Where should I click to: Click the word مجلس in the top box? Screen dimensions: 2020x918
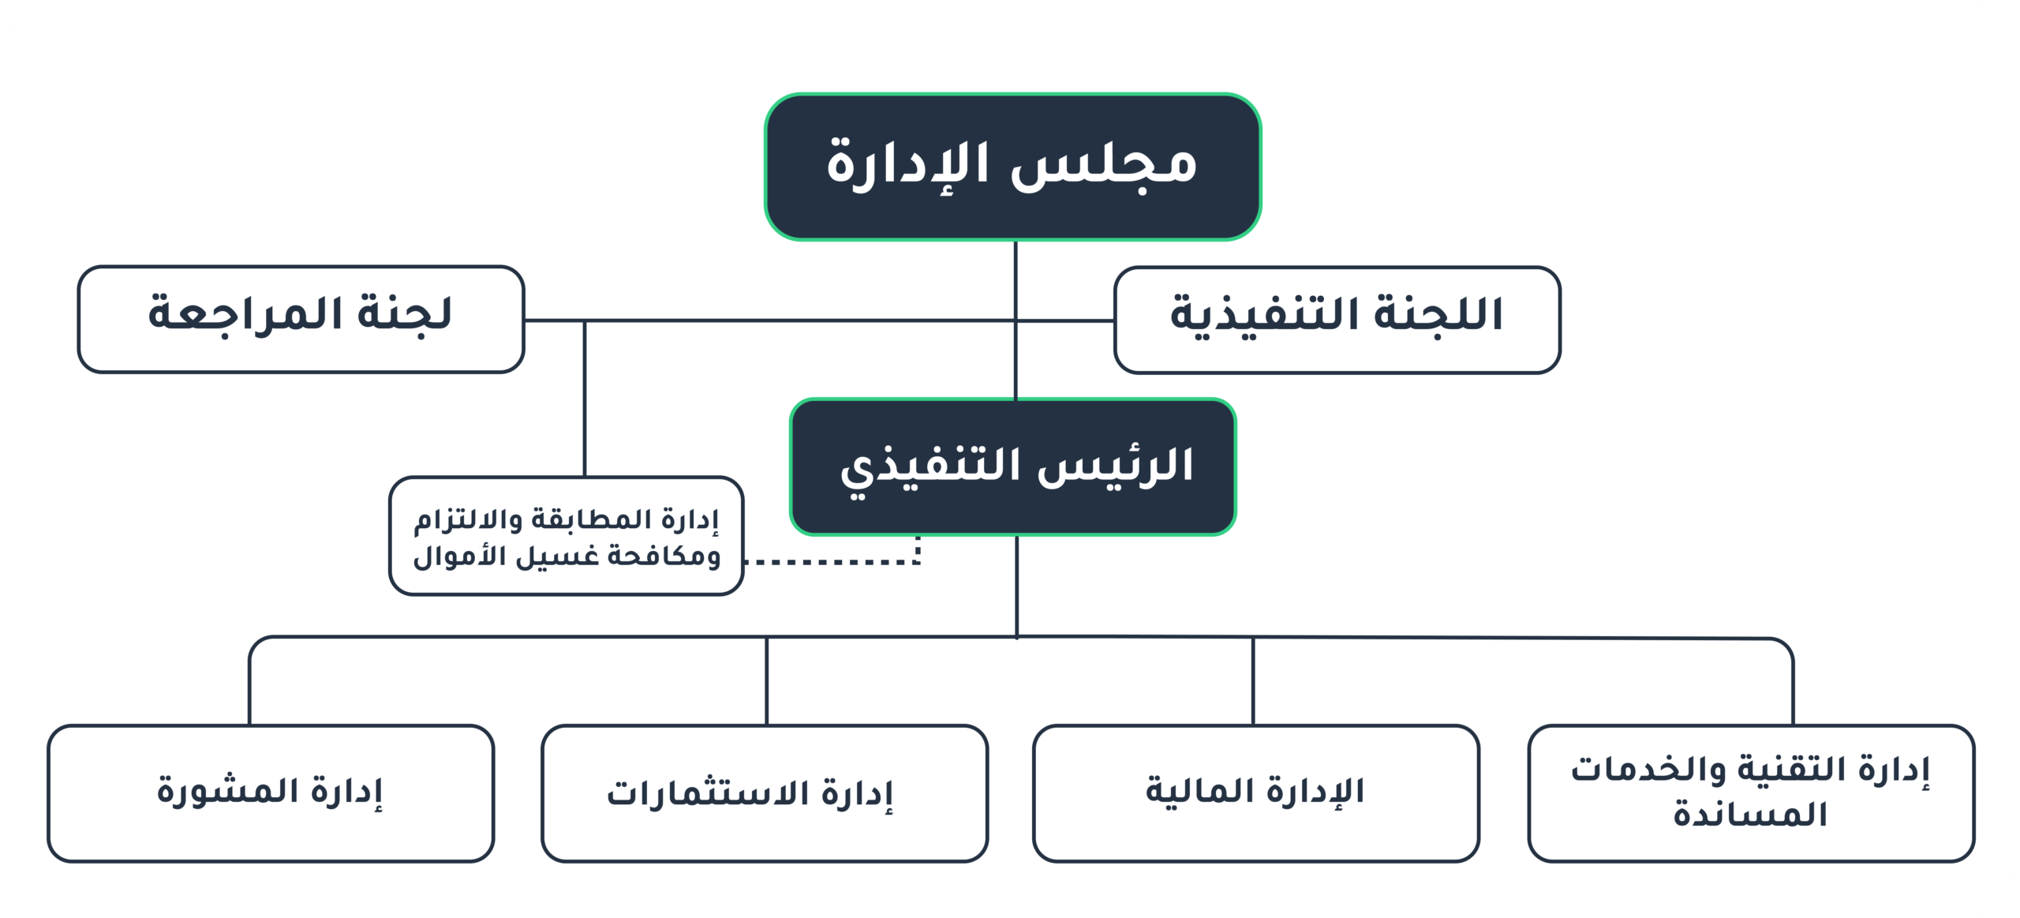[1103, 164]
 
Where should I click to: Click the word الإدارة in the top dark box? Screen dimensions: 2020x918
[907, 164]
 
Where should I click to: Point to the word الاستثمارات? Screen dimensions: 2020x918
[708, 793]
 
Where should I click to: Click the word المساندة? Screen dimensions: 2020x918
[1749, 814]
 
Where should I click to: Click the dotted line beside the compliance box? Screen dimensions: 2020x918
[832, 561]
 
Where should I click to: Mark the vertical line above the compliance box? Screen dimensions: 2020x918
[585, 398]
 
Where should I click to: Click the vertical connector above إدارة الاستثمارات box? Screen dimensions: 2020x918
[766, 681]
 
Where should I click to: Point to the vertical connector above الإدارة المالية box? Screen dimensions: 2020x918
[1253, 681]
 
